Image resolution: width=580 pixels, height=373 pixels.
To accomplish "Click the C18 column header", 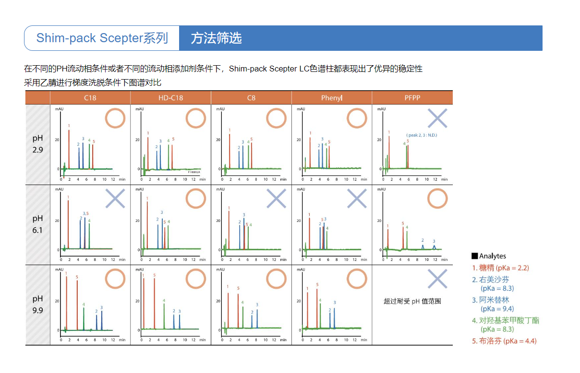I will point(90,98).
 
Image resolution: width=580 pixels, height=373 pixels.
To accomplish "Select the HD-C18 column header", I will point(170,98).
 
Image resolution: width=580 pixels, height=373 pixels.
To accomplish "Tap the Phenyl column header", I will point(332,98).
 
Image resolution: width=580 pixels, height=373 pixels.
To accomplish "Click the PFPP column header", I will point(412,98).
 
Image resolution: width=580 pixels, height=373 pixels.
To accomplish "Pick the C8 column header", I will point(251,98).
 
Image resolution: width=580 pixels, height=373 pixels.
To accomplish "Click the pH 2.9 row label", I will point(38,144).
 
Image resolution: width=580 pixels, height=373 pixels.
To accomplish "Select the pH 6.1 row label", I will point(38,224).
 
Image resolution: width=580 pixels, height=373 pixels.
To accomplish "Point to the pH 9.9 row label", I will point(38,305).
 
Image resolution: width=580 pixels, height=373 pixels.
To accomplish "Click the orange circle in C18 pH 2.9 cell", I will point(115,118).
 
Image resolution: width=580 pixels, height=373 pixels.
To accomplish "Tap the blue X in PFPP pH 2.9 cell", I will point(437,118).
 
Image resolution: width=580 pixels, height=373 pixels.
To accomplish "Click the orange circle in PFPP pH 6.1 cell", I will point(437,198).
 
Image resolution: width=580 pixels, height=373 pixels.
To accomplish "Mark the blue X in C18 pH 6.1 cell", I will point(115,198).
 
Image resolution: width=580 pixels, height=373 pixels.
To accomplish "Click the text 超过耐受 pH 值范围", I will point(412,302).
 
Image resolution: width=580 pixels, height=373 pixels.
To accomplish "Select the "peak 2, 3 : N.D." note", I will point(422,135).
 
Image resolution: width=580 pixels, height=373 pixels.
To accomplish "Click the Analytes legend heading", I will point(489,256).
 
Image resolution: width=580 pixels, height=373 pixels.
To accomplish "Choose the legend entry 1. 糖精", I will point(500,268).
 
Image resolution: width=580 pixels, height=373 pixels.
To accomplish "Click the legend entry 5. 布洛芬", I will point(504,341).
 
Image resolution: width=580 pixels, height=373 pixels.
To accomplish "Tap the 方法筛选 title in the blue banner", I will point(216,38).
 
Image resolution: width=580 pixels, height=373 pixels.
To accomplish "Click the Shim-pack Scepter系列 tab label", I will point(102,38).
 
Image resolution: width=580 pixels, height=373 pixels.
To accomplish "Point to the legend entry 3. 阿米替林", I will point(495,300).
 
